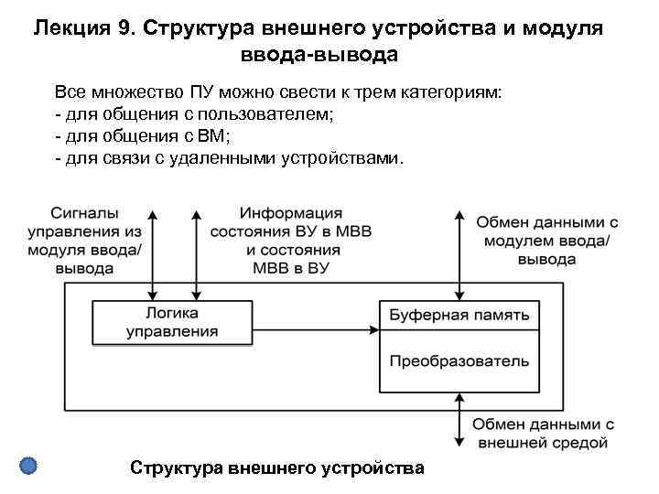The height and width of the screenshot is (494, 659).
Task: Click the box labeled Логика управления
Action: point(172,322)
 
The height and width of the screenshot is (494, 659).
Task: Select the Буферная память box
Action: point(459,316)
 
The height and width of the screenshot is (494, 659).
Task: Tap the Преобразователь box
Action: point(459,360)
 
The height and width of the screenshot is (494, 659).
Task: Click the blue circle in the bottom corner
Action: point(28,466)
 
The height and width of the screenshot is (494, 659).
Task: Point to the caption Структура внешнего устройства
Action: point(277,467)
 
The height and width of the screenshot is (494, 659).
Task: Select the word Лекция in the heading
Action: point(72,27)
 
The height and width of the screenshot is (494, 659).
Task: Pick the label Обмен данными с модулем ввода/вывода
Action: point(546,241)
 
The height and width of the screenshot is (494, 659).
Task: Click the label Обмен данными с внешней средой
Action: point(543,434)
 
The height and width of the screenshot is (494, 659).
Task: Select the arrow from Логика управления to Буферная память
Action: point(316,328)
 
